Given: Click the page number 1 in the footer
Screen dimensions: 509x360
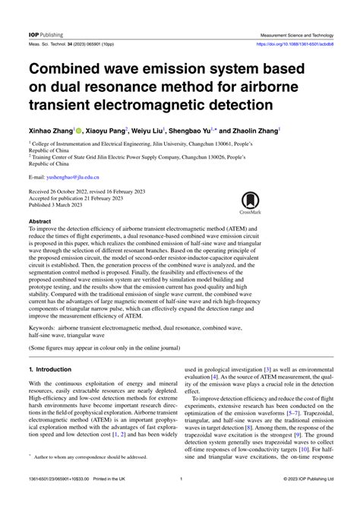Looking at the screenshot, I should pos(180,500).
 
